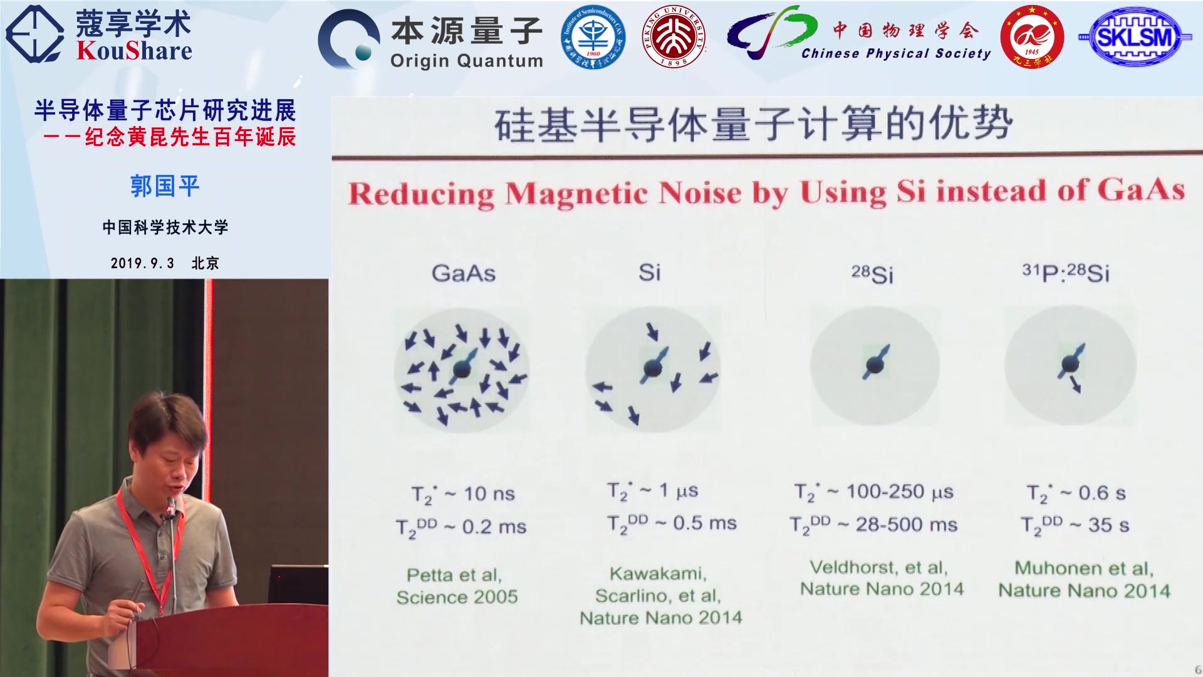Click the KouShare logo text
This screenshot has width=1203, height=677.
click(x=134, y=51)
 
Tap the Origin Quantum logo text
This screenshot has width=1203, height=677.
click(x=466, y=61)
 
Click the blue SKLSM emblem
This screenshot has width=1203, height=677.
click(x=1135, y=37)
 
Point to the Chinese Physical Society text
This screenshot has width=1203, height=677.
click(x=896, y=54)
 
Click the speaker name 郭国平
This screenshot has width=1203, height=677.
click(x=165, y=186)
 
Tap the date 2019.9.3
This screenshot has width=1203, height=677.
click(x=142, y=263)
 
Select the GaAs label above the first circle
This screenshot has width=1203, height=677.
click(x=464, y=273)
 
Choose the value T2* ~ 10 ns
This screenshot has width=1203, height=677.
click(x=463, y=494)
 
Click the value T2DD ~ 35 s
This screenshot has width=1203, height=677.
click(x=1075, y=525)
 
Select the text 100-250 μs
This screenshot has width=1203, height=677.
click(x=900, y=491)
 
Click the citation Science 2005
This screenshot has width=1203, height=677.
click(x=457, y=597)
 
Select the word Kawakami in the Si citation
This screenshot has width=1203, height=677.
click(x=658, y=573)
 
